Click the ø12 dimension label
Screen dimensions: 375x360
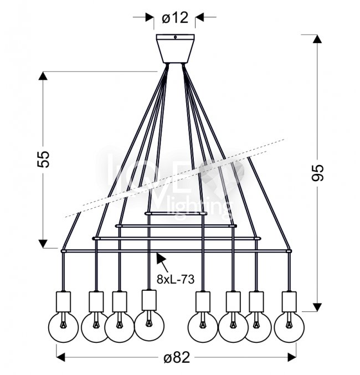click(x=175, y=18)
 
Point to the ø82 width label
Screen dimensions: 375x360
click(x=176, y=357)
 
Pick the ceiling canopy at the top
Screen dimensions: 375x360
click(x=175, y=48)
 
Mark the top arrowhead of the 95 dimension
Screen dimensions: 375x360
click(x=317, y=39)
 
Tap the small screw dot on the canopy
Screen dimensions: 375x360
click(x=175, y=38)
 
